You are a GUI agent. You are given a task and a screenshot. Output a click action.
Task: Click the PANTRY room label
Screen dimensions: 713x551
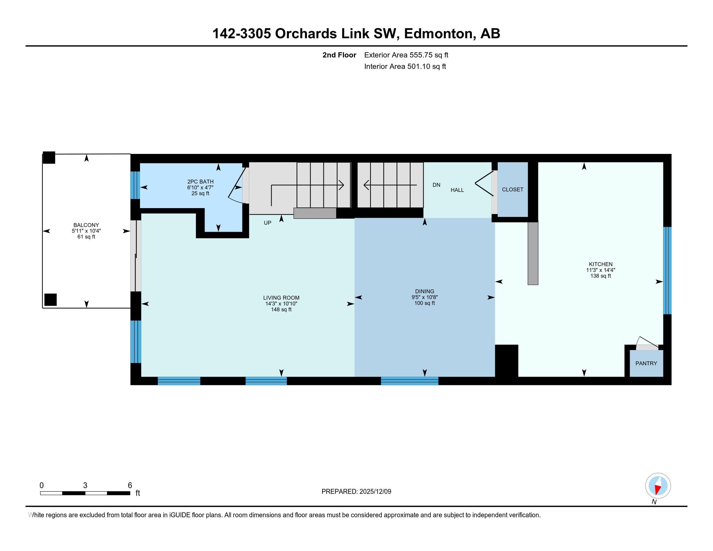click(x=646, y=363)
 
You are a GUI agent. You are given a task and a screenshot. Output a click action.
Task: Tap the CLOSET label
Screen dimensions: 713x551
click(x=513, y=189)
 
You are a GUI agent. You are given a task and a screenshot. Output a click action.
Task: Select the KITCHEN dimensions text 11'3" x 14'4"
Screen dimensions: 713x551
click(x=601, y=270)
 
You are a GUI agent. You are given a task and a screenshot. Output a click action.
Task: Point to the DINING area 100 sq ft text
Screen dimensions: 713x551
click(x=425, y=303)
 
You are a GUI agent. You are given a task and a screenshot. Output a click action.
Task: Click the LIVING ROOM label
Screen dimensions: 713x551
click(x=281, y=298)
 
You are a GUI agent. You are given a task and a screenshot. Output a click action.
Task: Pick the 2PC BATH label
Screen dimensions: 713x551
click(x=200, y=182)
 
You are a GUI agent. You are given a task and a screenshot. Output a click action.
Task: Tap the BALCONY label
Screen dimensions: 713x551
click(x=86, y=225)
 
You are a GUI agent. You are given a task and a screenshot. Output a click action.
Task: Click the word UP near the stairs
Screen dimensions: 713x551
click(x=267, y=223)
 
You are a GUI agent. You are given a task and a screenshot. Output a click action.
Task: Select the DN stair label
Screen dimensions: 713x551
click(x=437, y=185)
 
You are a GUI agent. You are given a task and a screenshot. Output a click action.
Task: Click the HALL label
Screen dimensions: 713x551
click(x=457, y=190)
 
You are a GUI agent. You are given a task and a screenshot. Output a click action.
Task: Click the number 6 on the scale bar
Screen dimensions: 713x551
click(x=130, y=486)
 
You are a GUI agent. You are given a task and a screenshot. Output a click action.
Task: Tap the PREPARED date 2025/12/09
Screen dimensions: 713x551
click(x=375, y=491)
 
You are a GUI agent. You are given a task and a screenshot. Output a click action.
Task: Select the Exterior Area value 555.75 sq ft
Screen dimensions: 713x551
click(x=429, y=55)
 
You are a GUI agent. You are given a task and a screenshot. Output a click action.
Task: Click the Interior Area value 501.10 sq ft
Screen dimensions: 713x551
click(x=427, y=66)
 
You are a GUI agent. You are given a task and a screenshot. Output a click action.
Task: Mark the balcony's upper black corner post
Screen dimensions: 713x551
click(x=49, y=158)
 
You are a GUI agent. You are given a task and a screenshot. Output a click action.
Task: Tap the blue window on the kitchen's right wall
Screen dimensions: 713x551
click(x=667, y=271)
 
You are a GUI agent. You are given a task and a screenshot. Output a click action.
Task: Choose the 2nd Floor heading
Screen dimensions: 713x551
click(x=339, y=55)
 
